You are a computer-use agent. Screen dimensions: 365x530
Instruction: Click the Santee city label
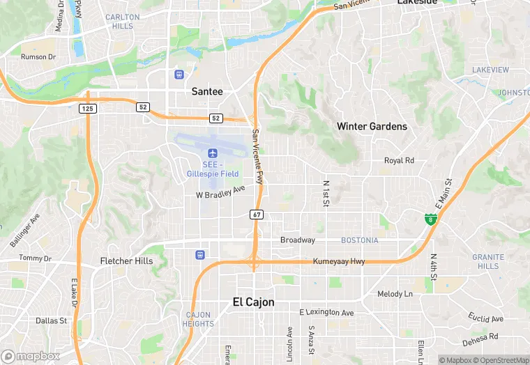click(207, 91)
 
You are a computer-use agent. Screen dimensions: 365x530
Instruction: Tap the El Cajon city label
click(252, 302)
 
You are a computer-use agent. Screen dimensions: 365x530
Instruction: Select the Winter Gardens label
click(372, 127)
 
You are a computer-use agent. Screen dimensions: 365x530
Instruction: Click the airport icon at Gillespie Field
click(212, 153)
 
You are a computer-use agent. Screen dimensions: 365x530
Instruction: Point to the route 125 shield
click(87, 109)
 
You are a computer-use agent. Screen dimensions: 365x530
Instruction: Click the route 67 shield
click(257, 215)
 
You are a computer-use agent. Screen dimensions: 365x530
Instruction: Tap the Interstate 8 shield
click(432, 219)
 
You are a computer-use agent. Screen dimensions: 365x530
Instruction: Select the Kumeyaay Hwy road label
click(339, 261)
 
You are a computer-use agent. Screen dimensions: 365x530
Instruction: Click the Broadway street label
click(298, 240)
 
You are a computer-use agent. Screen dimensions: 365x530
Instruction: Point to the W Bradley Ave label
click(220, 190)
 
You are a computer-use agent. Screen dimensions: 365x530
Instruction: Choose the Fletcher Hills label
click(126, 261)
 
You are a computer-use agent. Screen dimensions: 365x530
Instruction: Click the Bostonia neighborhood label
click(359, 240)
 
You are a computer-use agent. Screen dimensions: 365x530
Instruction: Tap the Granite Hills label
click(488, 261)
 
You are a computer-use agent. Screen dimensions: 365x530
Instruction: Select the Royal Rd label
click(399, 160)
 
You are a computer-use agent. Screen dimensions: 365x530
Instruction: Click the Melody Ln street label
click(395, 294)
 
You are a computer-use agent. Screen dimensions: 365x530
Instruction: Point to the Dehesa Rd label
click(482, 340)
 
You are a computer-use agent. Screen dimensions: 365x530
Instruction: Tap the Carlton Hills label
click(122, 22)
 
